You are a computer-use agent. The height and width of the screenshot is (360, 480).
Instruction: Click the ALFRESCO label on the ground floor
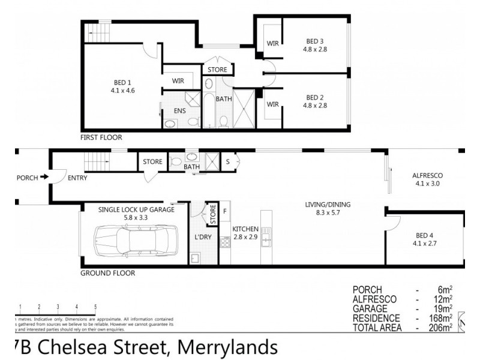click(427, 176)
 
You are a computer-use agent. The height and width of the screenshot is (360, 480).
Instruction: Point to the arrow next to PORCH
click(44, 178)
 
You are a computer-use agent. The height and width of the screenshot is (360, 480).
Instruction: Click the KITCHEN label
click(245, 229)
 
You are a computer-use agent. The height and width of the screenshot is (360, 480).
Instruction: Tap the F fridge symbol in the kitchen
click(225, 211)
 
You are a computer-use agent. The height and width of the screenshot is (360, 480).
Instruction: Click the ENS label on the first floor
click(179, 111)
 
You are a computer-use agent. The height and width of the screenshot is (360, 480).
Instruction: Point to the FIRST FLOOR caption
click(101, 137)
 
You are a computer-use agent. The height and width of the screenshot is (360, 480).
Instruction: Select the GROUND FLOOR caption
click(108, 273)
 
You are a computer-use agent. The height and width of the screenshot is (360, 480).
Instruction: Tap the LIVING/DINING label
click(327, 205)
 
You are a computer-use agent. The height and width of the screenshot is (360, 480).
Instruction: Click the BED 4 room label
click(427, 235)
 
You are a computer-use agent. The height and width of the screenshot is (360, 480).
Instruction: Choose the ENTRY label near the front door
click(77, 178)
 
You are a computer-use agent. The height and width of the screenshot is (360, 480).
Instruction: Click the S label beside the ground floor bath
click(229, 161)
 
